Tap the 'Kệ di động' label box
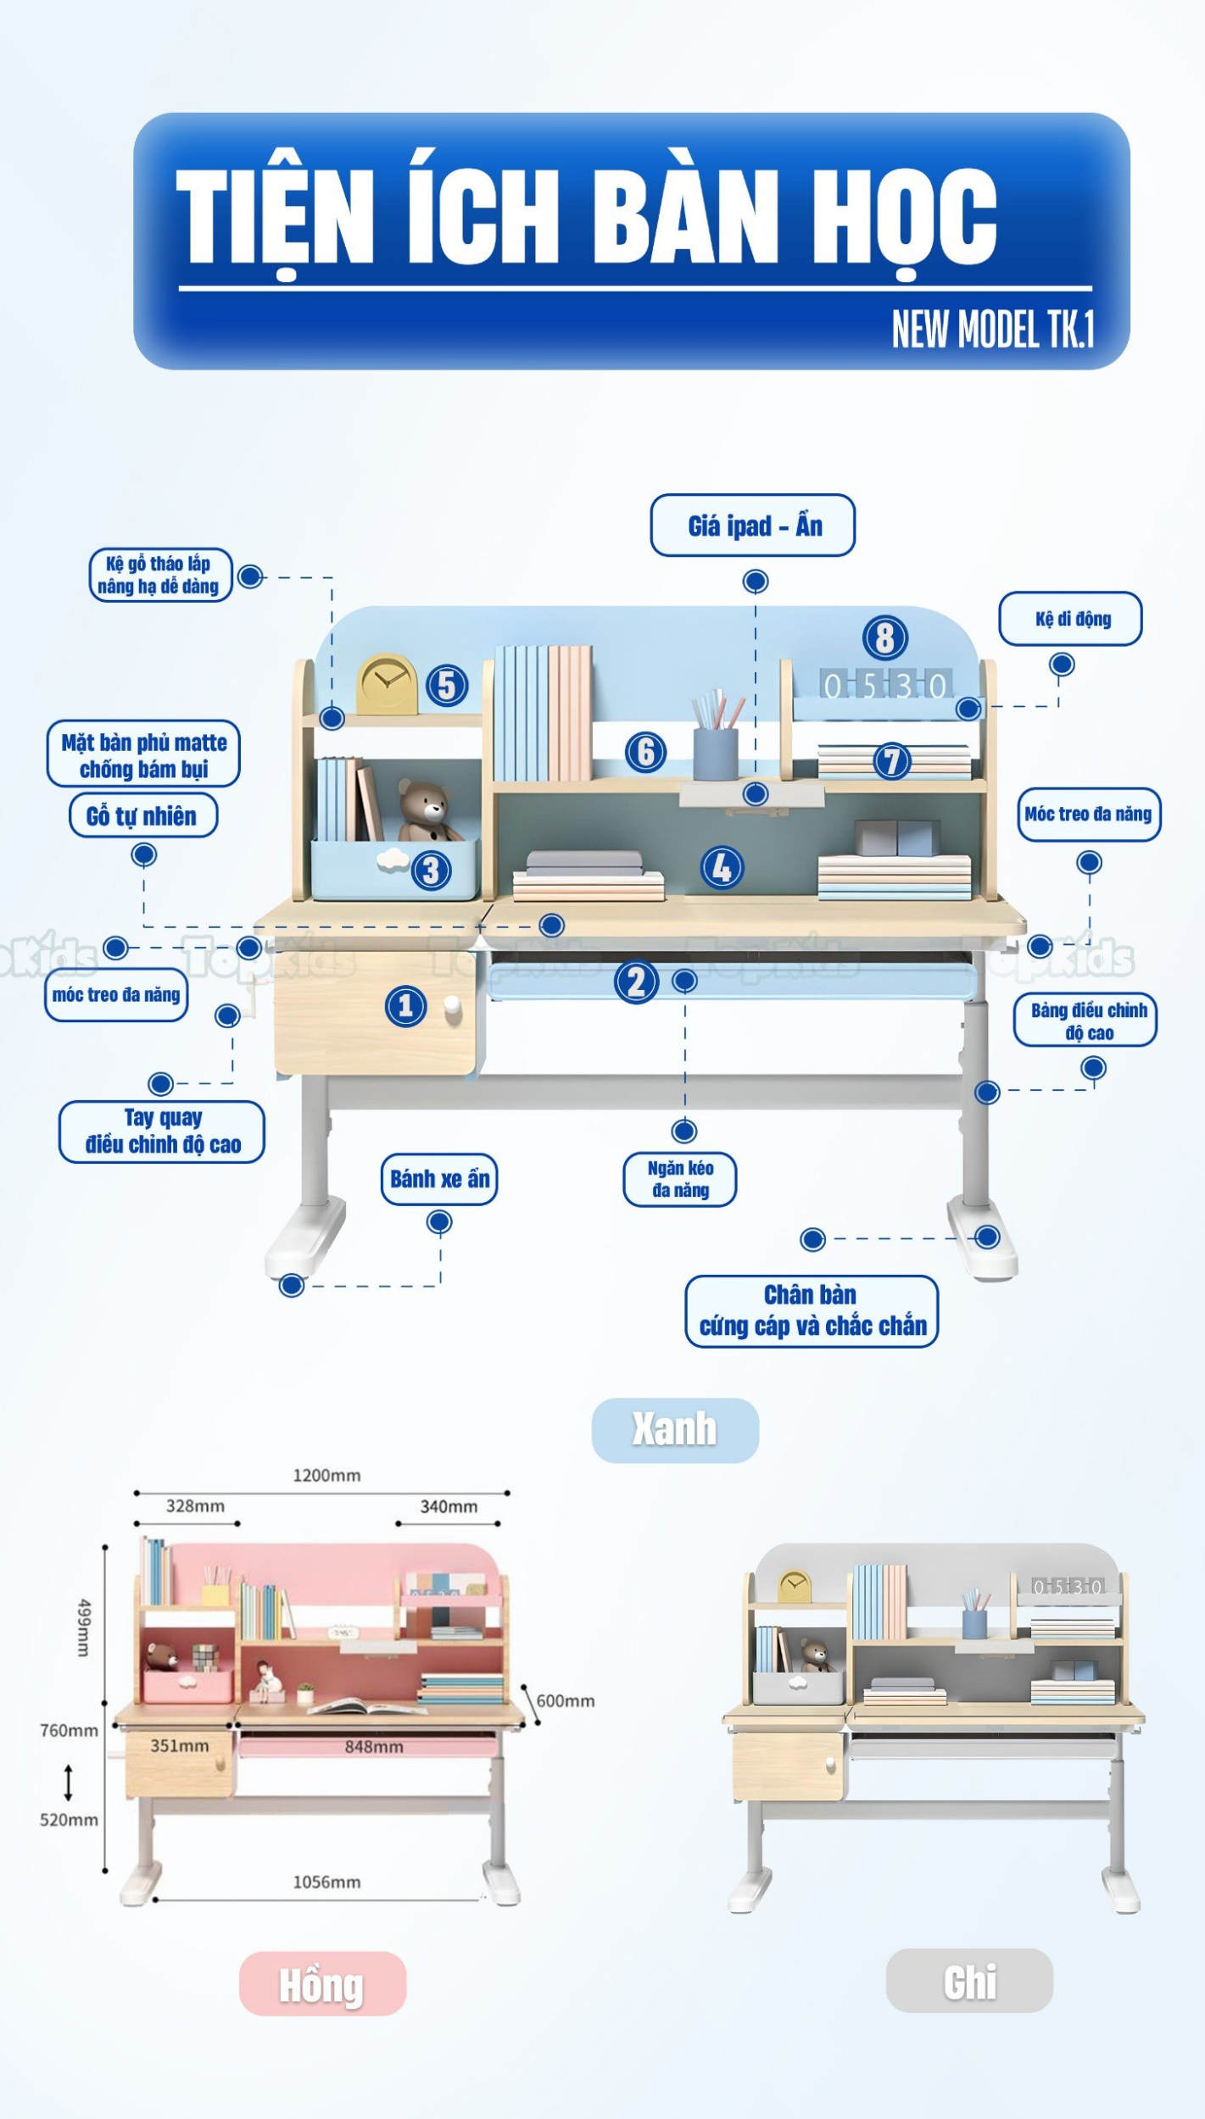(1070, 619)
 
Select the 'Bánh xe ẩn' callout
(438, 1178)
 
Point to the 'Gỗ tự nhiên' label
(142, 815)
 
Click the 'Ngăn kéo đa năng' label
(679, 1178)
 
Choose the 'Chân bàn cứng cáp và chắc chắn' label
(812, 1310)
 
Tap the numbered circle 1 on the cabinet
(405, 1006)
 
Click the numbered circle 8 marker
(884, 637)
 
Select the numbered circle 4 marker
(722, 867)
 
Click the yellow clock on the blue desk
(387, 683)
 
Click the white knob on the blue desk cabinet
(453, 1007)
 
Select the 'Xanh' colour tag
(674, 1429)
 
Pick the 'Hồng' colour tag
(322, 1984)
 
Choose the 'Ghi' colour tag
(969, 1982)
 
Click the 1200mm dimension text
(326, 1476)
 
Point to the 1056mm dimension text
(326, 1883)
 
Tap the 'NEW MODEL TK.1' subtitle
(992, 329)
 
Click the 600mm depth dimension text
(565, 1701)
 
